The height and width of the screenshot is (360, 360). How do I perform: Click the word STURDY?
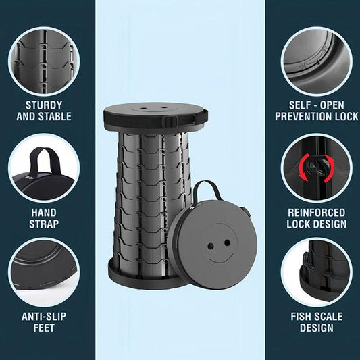(44, 105)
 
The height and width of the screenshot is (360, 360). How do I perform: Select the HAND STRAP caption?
(44, 218)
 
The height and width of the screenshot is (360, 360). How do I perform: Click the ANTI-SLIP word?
(44, 317)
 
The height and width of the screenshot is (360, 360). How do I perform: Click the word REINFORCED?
(317, 213)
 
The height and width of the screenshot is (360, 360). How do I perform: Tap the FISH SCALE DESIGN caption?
(317, 322)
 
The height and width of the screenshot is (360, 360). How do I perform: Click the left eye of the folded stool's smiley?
(211, 247)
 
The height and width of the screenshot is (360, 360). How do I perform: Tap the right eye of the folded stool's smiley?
(228, 242)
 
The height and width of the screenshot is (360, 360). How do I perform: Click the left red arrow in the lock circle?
(304, 167)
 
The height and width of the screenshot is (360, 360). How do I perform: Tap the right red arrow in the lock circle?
(329, 169)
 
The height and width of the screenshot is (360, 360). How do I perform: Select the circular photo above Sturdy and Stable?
(44, 61)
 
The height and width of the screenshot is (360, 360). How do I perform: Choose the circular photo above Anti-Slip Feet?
(44, 272)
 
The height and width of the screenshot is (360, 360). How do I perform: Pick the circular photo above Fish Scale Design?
(317, 272)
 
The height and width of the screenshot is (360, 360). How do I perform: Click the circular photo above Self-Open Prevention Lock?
(317, 61)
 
